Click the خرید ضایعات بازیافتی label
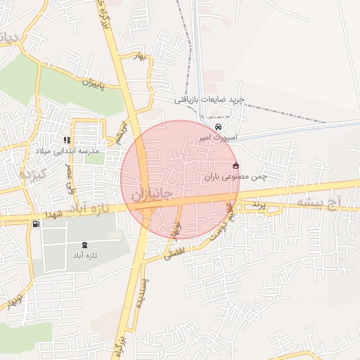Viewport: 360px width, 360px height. (210, 100)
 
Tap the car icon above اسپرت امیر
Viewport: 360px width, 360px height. (218, 127)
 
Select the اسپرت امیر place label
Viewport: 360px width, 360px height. (218, 138)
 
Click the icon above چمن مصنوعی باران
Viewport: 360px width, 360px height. (235, 165)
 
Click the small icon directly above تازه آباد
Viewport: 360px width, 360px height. (85, 244)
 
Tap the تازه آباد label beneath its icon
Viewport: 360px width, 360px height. (85, 255)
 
